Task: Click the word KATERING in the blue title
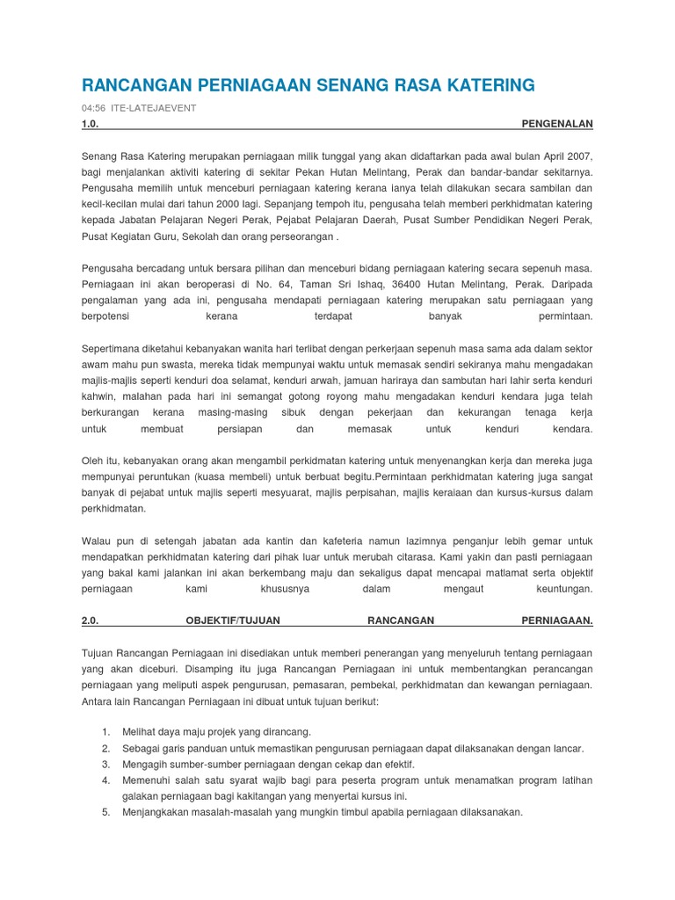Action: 488,85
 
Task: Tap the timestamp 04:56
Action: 93,107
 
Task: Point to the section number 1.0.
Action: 90,125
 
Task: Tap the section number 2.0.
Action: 90,621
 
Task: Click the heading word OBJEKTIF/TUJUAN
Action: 232,621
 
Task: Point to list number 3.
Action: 105,765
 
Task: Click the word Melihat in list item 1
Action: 142,732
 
